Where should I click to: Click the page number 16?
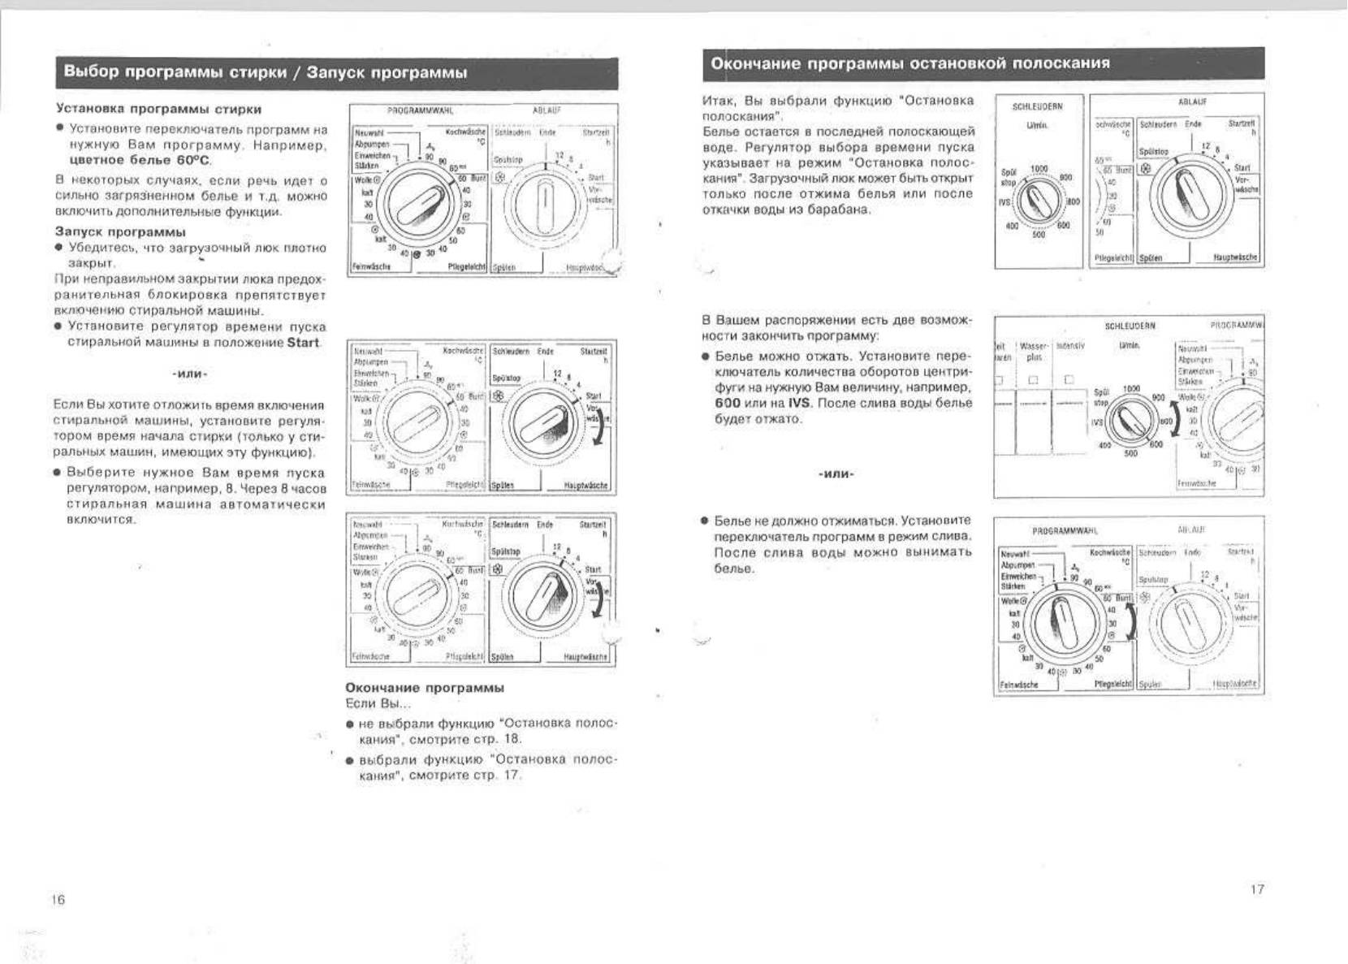coord(58,900)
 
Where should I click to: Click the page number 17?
coord(1257,889)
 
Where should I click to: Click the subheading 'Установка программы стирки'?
coord(158,109)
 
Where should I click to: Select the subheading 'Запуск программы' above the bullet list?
coord(120,232)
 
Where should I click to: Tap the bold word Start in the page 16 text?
coord(303,343)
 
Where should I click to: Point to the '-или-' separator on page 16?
coord(189,374)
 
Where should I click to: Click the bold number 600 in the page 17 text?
coord(728,403)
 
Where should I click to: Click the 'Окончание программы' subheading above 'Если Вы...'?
coord(425,688)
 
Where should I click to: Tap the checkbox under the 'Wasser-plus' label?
coord(1034,379)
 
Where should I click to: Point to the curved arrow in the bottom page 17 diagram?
coord(1131,625)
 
